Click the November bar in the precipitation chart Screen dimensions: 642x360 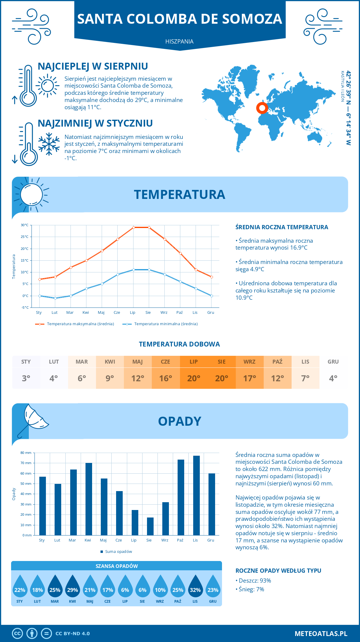pos(196,495)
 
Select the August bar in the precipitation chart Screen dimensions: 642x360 pos(150,526)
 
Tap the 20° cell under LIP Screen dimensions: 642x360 pos(193,378)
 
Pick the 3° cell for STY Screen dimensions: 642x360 pos(26,378)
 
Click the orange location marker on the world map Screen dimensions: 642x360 pos(262,108)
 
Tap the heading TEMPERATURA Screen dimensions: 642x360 pos(179,194)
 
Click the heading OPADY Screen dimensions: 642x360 pos(179,421)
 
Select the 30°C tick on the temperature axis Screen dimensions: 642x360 pos(25,225)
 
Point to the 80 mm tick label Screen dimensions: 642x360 pos(26,453)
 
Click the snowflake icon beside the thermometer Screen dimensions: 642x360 pos(49,144)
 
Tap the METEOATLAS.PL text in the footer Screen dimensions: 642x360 pos(321,633)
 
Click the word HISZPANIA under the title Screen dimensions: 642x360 pos(179,41)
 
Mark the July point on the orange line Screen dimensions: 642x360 pos(133,227)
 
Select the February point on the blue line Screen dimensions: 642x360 pos(55,298)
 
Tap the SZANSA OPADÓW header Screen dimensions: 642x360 pos(116,566)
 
